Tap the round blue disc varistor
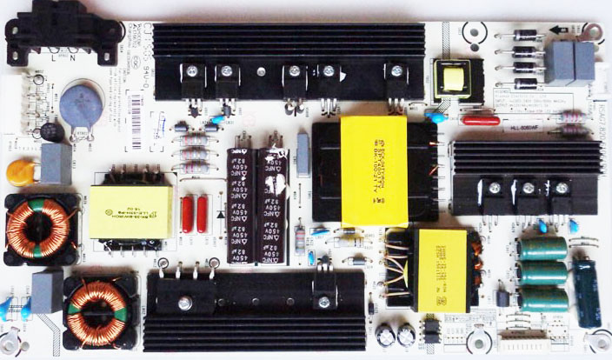81,103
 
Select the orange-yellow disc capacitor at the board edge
18,170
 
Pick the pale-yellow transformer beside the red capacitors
130,206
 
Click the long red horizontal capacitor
482,120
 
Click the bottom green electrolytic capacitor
544,300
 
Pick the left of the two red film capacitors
187,214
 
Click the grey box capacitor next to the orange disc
55,163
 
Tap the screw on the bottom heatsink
185,303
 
